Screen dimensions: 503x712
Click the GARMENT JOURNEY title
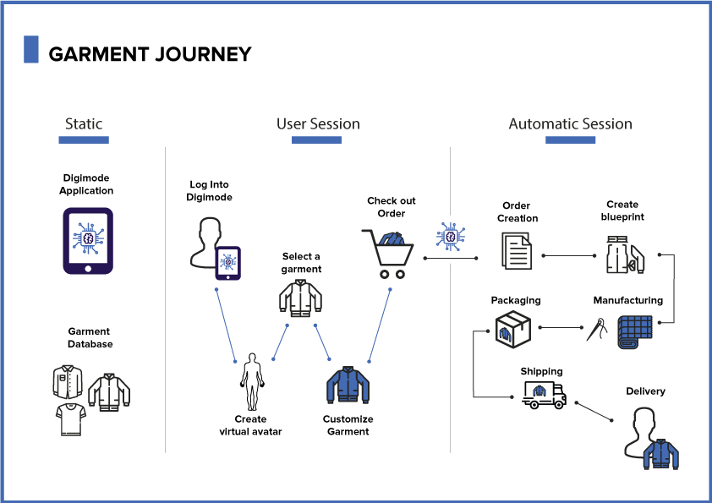150,54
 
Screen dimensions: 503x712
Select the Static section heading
84,124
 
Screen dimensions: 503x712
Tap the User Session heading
318,124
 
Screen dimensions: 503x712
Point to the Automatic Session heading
570,124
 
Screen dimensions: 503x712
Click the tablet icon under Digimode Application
87,242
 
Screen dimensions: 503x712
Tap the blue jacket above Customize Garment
348,385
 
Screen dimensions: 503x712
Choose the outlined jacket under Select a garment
300,298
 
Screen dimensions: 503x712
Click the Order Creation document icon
517,253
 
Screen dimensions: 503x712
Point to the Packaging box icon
512,328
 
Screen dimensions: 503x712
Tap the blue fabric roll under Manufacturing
633,332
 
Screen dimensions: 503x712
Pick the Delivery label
645,391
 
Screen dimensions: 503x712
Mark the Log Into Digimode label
209,191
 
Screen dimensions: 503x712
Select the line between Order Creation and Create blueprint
569,254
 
